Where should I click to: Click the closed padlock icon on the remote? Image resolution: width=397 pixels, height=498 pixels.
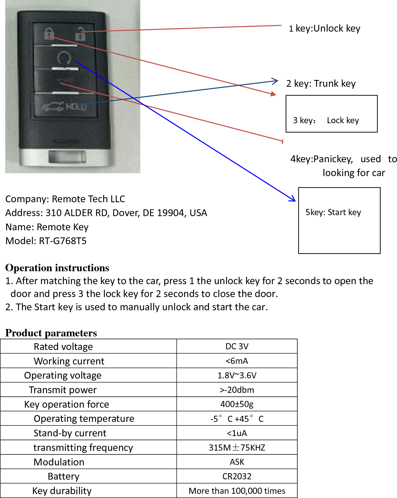point(49,33)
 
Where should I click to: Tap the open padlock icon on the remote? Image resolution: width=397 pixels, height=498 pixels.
point(80,34)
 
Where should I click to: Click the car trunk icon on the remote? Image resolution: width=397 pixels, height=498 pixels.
point(53,107)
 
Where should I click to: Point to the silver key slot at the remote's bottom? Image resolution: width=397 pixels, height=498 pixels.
point(67,157)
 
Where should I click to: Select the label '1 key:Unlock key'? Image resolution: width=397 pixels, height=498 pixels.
point(324,28)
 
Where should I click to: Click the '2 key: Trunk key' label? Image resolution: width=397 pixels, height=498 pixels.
point(321,84)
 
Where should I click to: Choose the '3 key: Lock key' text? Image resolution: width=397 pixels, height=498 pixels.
point(326,120)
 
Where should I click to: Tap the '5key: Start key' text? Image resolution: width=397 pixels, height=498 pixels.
point(333,212)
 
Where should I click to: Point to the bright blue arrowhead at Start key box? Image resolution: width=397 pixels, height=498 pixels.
point(292,199)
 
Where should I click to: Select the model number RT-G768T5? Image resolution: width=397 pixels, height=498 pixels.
point(63,241)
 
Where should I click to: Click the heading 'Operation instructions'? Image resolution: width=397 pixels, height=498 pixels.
point(57,268)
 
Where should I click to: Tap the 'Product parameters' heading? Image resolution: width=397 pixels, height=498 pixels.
point(51,333)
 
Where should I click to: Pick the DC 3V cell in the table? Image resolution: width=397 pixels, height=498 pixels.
point(237,346)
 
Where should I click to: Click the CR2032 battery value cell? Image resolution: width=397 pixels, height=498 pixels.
point(237,476)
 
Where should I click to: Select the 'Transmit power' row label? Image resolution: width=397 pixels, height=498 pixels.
point(63,390)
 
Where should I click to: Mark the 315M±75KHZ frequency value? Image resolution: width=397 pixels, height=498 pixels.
point(237,448)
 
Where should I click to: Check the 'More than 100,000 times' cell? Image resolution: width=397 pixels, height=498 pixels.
point(237,491)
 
